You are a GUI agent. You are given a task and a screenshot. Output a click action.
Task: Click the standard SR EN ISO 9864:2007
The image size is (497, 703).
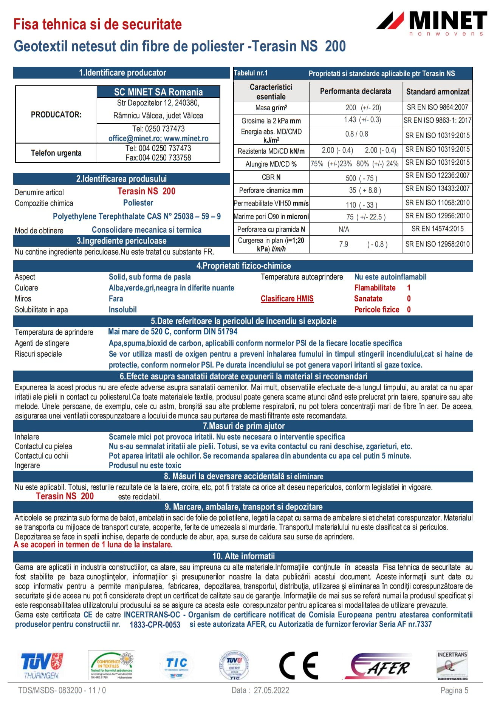[x=437, y=107]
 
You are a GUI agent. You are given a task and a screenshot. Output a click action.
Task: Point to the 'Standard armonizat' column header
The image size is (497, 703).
[x=437, y=91]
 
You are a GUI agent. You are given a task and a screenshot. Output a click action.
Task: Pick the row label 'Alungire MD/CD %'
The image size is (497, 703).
[x=271, y=164]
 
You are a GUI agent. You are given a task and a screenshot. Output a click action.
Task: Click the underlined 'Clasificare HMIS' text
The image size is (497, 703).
[x=287, y=299]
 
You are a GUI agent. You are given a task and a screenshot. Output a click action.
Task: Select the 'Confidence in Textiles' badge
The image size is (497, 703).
[x=111, y=666]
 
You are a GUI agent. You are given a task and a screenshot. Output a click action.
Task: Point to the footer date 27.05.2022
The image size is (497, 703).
[x=271, y=691]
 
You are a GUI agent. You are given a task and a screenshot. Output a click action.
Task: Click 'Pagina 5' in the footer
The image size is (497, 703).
[x=454, y=691]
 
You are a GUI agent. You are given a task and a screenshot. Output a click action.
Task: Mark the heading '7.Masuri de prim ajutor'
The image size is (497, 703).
[x=243, y=426]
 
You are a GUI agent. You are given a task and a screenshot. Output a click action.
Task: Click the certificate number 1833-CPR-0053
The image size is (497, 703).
[x=155, y=625]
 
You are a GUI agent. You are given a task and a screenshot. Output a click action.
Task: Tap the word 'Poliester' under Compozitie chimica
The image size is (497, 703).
[x=138, y=203]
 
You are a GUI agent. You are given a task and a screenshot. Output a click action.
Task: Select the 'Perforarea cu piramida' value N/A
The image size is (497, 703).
[x=344, y=229]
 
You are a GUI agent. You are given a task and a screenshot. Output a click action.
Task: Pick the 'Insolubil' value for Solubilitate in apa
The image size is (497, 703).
[x=122, y=310]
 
